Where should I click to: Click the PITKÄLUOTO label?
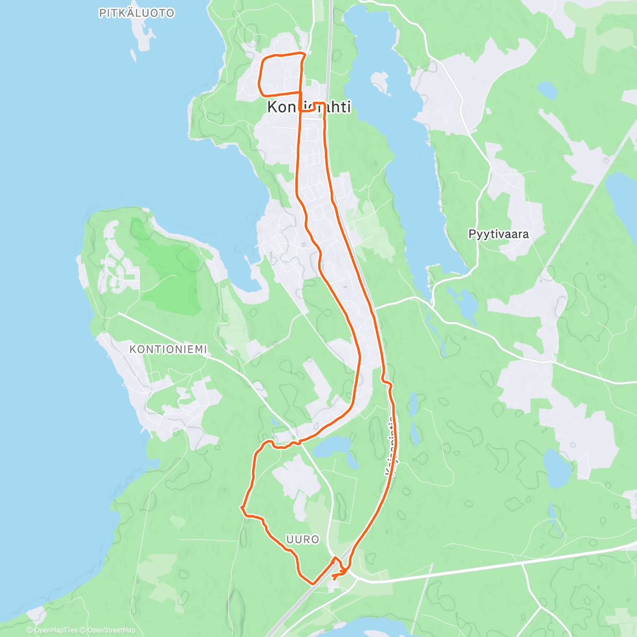[136, 13]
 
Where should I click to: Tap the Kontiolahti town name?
[308, 107]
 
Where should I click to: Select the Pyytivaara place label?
[498, 234]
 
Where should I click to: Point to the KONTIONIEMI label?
[168, 349]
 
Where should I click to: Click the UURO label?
[303, 539]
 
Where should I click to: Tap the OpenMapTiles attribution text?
[53, 630]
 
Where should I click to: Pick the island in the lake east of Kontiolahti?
[380, 82]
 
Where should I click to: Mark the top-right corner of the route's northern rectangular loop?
[305, 54]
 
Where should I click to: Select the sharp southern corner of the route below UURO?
[312, 583]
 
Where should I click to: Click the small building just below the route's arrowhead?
[334, 583]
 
